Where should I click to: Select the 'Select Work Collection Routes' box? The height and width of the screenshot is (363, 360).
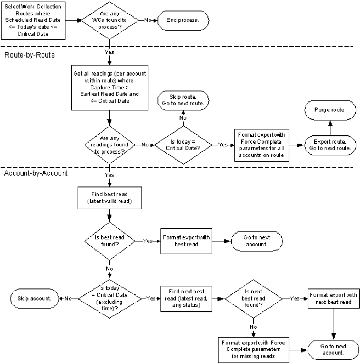coord(34,20)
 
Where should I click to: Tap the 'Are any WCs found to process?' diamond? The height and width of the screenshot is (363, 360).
coord(109,20)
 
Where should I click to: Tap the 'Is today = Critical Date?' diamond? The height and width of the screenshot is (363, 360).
coord(182,144)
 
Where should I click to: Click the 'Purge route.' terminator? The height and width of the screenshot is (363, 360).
coord(329,109)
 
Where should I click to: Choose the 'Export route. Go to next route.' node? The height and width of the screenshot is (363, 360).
coord(329,145)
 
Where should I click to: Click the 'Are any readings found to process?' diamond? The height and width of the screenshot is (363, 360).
coord(109,144)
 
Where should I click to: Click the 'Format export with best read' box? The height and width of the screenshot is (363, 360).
coord(185,241)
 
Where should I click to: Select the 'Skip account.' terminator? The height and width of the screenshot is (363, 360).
coord(33,298)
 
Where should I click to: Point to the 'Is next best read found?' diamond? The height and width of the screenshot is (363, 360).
coord(254,299)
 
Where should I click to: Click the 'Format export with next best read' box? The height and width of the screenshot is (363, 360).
coord(333,299)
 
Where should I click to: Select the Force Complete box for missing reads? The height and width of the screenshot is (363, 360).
coord(253,349)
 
